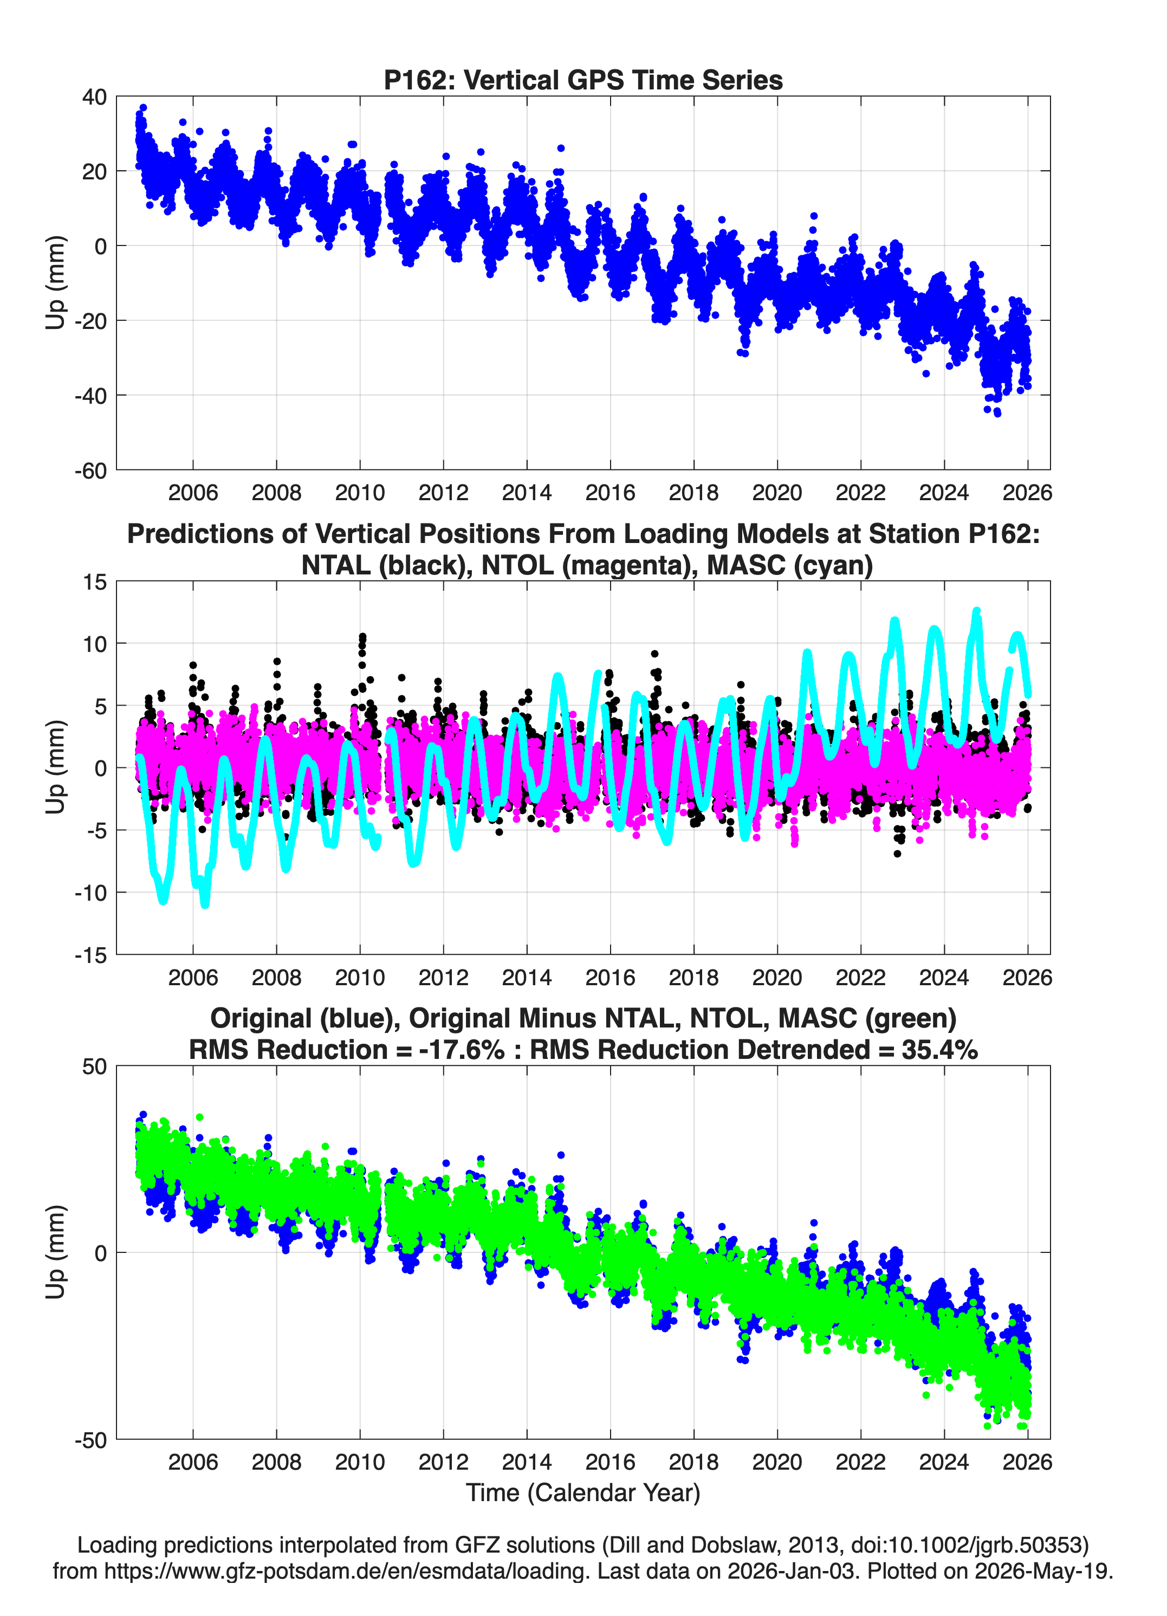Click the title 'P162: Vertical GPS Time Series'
583,80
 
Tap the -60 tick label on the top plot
90,471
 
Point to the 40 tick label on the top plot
95,97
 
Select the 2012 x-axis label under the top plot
443,493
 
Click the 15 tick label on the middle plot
95,582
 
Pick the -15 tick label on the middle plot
90,955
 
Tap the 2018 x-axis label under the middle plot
693,977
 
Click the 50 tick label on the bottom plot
95,1066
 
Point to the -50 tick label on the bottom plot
90,1440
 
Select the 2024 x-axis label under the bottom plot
944,1462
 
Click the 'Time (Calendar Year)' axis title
583,1493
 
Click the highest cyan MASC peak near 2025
976,612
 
